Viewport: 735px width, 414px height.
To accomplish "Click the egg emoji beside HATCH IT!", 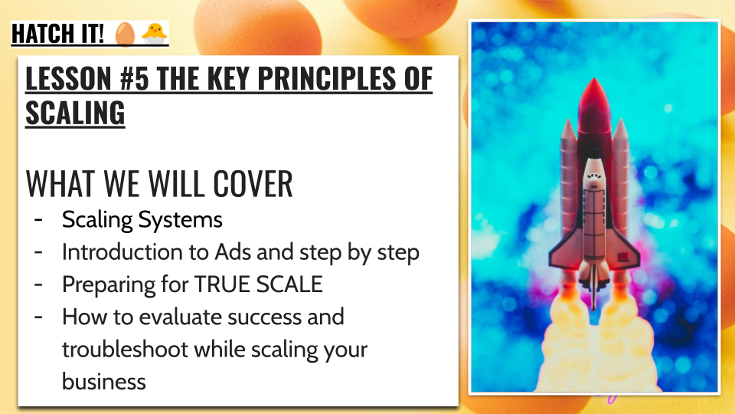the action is click(125, 34).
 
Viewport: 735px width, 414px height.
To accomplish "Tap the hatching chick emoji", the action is click(154, 34).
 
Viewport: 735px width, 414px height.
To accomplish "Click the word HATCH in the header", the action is click(39, 34).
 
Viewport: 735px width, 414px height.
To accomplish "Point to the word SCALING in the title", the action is click(75, 113).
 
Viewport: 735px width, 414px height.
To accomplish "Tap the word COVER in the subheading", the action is click(253, 183).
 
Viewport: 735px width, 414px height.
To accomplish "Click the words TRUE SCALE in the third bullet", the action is click(258, 284).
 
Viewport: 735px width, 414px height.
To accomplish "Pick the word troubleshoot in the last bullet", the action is click(125, 350).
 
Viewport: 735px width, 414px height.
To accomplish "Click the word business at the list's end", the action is click(104, 382).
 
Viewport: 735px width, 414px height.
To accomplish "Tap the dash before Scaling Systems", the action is click(38, 219).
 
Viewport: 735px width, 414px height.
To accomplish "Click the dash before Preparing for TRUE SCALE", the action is click(38, 284).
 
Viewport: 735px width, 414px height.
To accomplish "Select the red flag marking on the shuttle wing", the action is click(623, 256).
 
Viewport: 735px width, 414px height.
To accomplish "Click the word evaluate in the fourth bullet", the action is click(181, 317).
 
